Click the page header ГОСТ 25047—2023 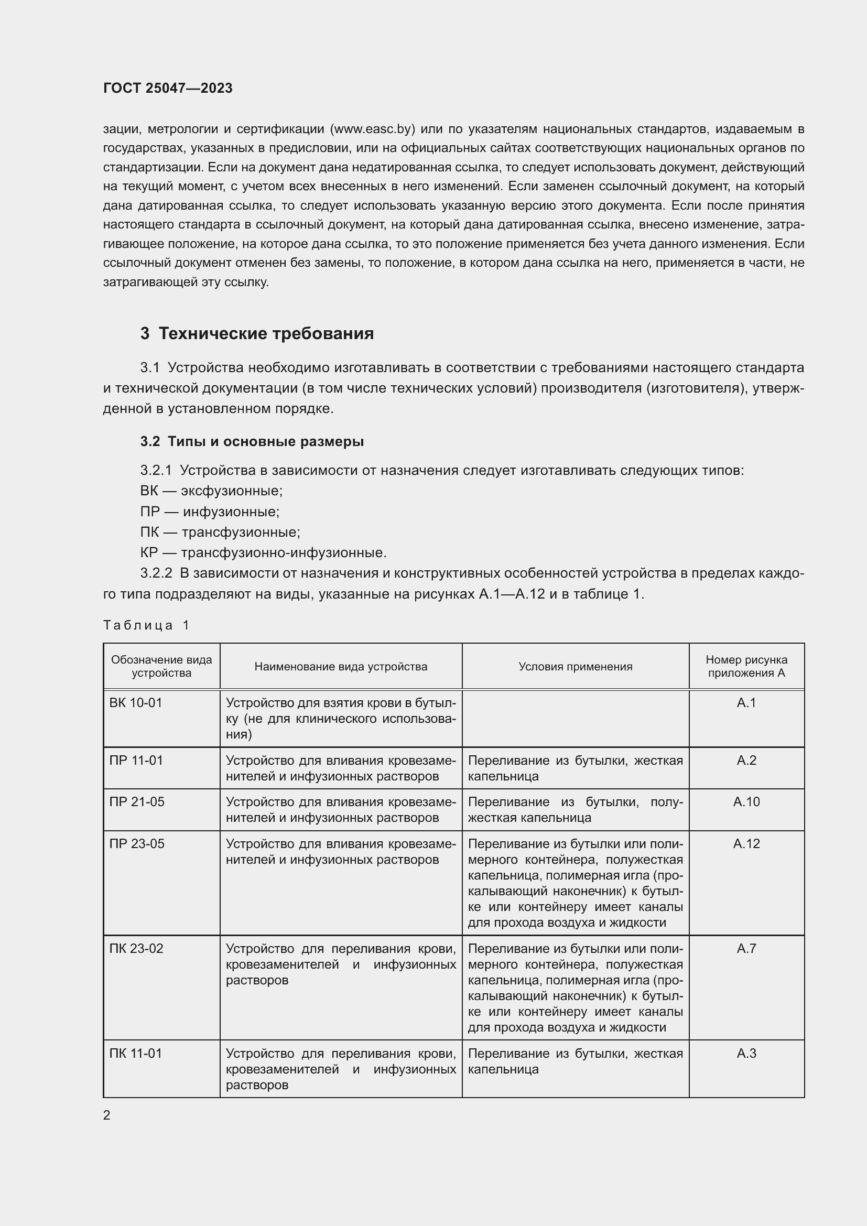click(x=168, y=88)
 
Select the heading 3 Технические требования click(x=257, y=333)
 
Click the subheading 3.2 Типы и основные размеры click(x=252, y=441)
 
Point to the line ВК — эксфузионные click(x=211, y=491)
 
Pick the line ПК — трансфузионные click(x=220, y=532)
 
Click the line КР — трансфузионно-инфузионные click(x=263, y=552)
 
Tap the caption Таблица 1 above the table click(x=146, y=625)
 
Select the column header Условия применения click(x=575, y=666)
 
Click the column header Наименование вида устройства click(x=341, y=666)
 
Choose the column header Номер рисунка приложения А click(x=746, y=666)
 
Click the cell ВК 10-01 click(x=136, y=703)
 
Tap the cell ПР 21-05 click(x=137, y=801)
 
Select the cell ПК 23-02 click(x=136, y=948)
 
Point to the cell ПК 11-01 click(x=136, y=1053)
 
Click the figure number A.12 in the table click(x=746, y=844)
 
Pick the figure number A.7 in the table click(x=746, y=948)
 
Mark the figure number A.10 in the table click(x=746, y=801)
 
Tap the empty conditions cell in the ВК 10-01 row click(x=575, y=718)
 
